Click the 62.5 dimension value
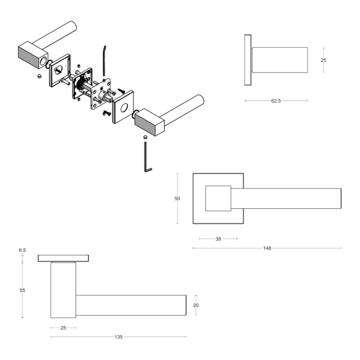point(276,101)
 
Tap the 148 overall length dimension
point(267,248)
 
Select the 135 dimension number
point(119,337)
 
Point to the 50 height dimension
point(177,199)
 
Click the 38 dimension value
point(218,239)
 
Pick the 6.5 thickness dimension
point(22,250)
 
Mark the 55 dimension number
point(22,290)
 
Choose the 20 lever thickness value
point(197,305)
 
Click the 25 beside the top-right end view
point(323,60)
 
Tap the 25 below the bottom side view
point(63,328)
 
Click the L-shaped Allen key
point(147,160)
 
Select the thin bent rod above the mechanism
point(104,59)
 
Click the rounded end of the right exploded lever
point(198,99)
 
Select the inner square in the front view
point(218,198)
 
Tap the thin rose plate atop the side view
point(63,258)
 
